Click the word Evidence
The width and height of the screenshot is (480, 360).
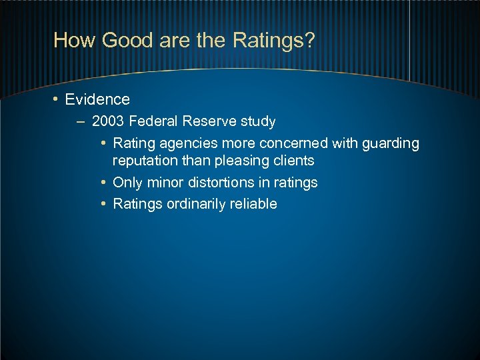click(97, 100)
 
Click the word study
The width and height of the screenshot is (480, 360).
click(258, 121)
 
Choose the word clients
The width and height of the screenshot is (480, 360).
click(293, 161)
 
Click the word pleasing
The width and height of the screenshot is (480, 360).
click(243, 161)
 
